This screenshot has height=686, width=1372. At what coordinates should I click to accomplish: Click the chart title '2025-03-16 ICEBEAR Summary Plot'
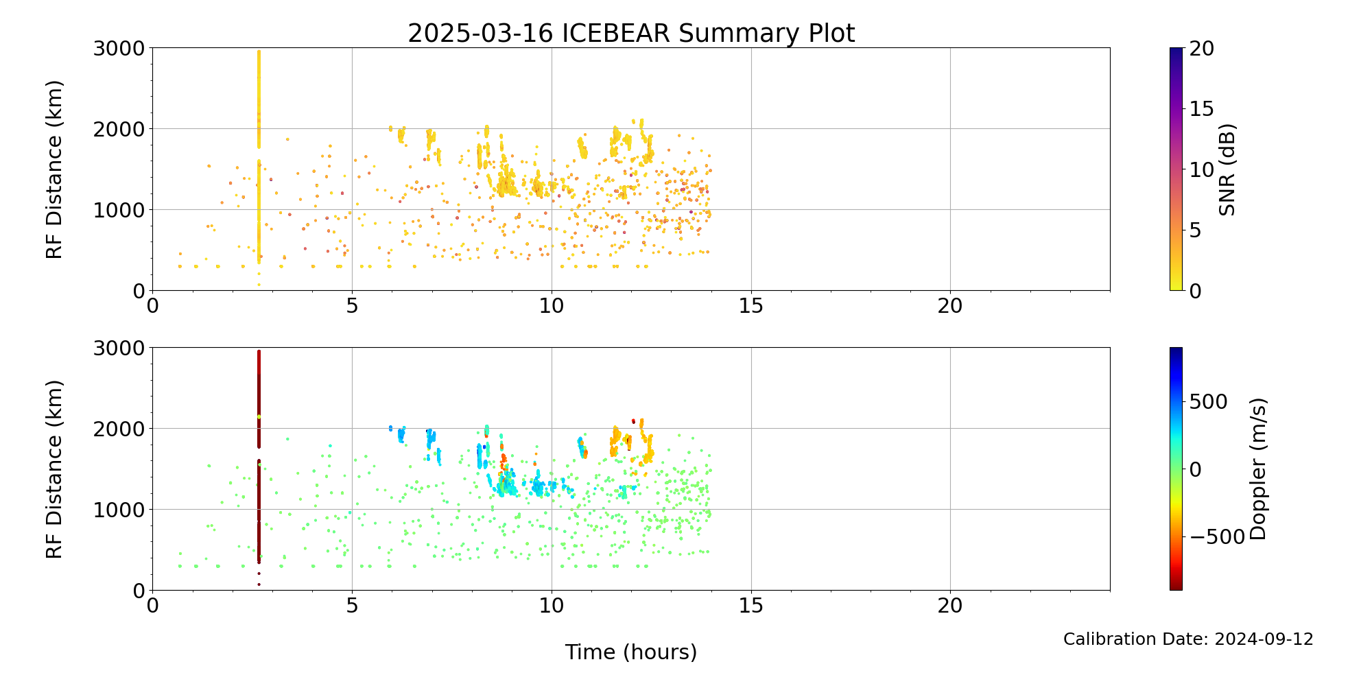pyautogui.click(x=631, y=33)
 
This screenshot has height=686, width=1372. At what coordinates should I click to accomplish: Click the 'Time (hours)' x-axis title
pyautogui.click(x=631, y=652)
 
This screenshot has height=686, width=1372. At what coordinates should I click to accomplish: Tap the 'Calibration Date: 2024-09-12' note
pyautogui.click(x=1188, y=639)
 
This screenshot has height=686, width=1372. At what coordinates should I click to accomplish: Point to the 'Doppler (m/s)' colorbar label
pyautogui.click(x=1257, y=469)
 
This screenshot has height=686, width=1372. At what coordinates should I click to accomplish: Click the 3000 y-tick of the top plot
pyautogui.click(x=119, y=49)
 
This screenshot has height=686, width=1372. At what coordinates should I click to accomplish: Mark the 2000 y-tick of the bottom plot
pyautogui.click(x=119, y=429)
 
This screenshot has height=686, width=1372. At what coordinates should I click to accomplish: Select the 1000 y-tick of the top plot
pyautogui.click(x=119, y=210)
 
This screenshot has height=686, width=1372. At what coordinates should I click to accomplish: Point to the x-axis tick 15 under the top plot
pyautogui.click(x=751, y=306)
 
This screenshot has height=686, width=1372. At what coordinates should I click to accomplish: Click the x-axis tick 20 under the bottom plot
pyautogui.click(x=950, y=606)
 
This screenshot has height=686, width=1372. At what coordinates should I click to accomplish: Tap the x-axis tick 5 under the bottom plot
pyautogui.click(x=352, y=606)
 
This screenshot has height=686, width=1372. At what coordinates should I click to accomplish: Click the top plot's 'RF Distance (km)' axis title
pyautogui.click(x=54, y=169)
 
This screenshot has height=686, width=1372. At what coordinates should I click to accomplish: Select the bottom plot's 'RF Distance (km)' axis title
pyautogui.click(x=54, y=469)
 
